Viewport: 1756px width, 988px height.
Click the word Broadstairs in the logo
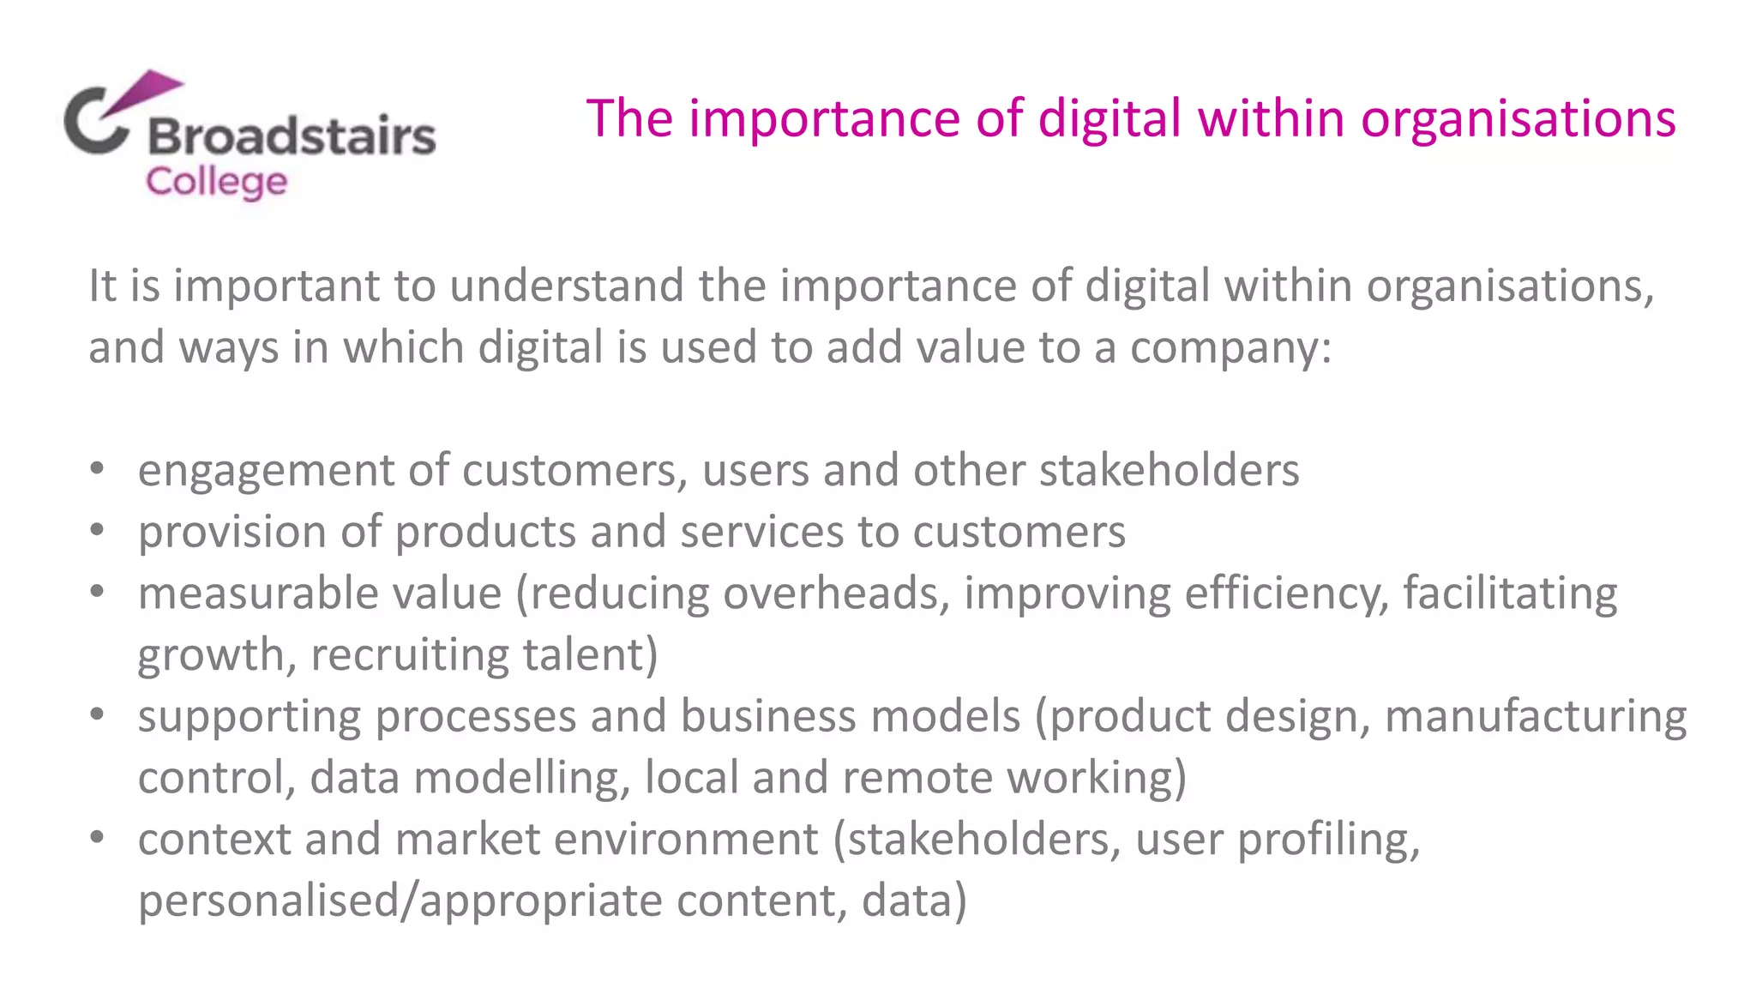(x=292, y=136)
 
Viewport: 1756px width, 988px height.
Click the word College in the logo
(x=216, y=182)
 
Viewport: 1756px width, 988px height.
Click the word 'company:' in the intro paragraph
(x=1230, y=347)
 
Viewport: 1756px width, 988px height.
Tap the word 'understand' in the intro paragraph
(x=567, y=286)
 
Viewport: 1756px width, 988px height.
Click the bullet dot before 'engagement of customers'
(x=97, y=469)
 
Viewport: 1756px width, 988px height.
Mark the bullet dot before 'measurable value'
(x=97, y=592)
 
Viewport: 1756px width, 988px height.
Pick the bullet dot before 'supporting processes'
(x=97, y=714)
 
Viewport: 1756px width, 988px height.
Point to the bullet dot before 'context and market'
(x=97, y=838)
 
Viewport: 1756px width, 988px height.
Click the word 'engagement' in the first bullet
(x=266, y=471)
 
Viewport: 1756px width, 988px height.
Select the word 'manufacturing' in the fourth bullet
(x=1536, y=716)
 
